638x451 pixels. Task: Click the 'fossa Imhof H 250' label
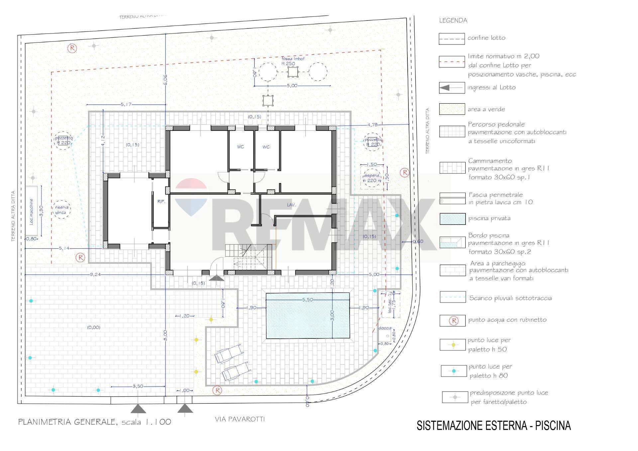pyautogui.click(x=293, y=61)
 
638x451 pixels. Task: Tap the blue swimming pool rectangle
pyautogui.click(x=308, y=316)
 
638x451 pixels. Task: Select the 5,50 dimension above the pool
pyautogui.click(x=308, y=299)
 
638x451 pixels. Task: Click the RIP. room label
pyautogui.click(x=161, y=202)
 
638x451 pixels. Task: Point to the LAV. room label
pyautogui.click(x=291, y=205)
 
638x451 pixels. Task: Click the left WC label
pyautogui.click(x=240, y=147)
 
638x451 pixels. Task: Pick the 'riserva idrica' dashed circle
pyautogui.click(x=61, y=210)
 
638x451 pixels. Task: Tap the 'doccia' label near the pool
pyautogui.click(x=385, y=328)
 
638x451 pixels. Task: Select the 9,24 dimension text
pyautogui.click(x=95, y=274)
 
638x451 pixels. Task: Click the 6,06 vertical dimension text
pyautogui.click(x=165, y=80)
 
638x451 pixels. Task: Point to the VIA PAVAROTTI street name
pyautogui.click(x=240, y=419)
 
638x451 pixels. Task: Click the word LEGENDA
pyautogui.click(x=453, y=21)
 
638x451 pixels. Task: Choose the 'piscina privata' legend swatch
pyautogui.click(x=452, y=219)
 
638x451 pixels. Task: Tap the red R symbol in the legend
pyautogui.click(x=453, y=320)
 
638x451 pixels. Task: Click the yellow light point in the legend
pyautogui.click(x=453, y=345)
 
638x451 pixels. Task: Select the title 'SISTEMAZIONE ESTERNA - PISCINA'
pyautogui.click(x=493, y=425)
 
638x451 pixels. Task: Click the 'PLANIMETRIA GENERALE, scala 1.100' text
pyautogui.click(x=94, y=422)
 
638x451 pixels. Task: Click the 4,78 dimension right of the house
pyautogui.click(x=372, y=125)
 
